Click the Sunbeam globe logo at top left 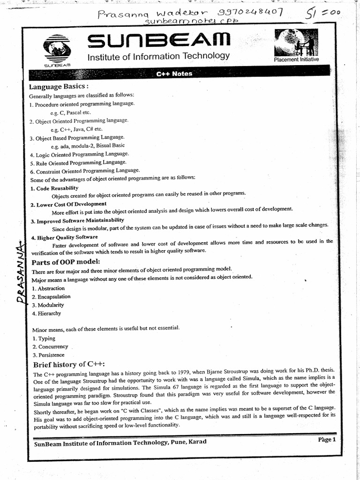click(x=56, y=50)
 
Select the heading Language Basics click(x=59, y=87)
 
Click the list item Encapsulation click(x=51, y=297)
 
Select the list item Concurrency click(x=50, y=347)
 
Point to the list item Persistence click(x=49, y=355)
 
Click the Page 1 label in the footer click(x=327, y=440)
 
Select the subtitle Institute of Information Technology click(x=158, y=56)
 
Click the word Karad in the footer click(x=196, y=442)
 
